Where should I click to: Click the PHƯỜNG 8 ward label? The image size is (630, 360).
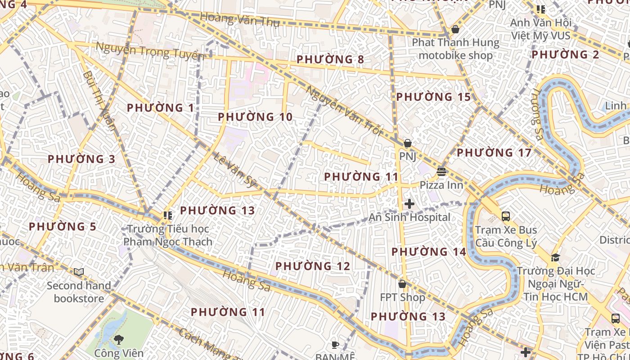pos(330,59)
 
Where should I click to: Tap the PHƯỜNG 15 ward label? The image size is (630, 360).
pos(433,97)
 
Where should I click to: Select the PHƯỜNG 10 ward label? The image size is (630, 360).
pos(255,117)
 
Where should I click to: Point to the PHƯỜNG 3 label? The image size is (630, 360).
pos(81,159)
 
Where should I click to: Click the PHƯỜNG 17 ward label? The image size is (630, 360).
pos(494,153)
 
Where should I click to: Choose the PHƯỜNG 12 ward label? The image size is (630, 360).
pos(313,266)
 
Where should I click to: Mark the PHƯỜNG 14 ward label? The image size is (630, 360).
pos(428,252)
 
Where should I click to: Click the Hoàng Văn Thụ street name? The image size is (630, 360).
pos(239,19)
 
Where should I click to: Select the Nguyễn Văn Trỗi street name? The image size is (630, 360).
pos(344,111)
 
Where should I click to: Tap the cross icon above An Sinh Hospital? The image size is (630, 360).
pos(409,204)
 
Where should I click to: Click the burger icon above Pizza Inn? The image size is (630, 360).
pos(441,172)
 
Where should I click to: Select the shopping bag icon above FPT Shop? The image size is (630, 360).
pos(402,284)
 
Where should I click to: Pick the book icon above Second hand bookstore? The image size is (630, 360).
pos(79,272)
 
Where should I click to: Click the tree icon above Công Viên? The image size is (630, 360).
pos(119,339)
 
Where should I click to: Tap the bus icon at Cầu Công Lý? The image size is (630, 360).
pos(506,216)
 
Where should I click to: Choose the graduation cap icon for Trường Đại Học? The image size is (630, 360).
pos(555,257)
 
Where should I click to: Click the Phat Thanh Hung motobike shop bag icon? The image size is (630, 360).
pos(455,29)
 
